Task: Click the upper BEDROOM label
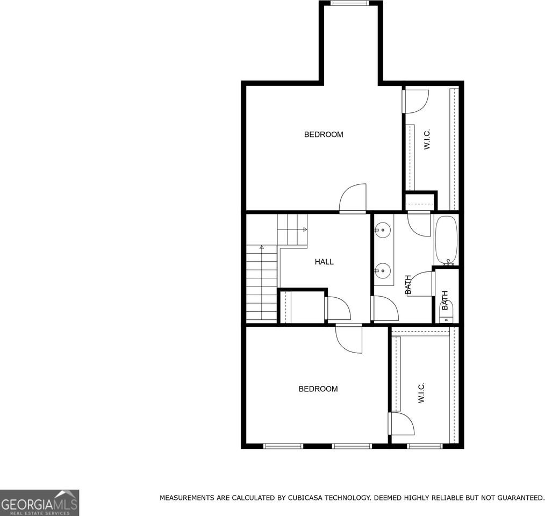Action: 324,134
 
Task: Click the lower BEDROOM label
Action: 318,389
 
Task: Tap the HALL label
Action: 324,262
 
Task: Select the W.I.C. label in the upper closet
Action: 427,139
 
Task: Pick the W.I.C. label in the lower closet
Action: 421,393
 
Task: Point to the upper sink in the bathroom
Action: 382,231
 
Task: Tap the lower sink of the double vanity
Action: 382,270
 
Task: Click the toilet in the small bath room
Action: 446,312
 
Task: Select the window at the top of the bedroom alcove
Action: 349,3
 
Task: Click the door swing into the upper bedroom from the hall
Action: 353,198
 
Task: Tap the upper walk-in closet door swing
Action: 415,101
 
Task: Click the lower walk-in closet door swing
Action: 401,424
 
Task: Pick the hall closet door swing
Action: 338,309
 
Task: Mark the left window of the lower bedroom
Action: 283,446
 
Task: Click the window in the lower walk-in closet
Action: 425,446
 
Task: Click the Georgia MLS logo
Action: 40,503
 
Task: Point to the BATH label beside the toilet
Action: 445,300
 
